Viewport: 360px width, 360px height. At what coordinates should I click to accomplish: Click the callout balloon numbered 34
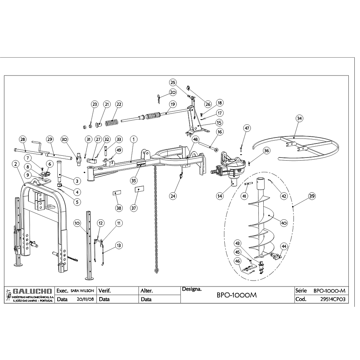(299, 118)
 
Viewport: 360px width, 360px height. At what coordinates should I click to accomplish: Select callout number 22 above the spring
(119, 104)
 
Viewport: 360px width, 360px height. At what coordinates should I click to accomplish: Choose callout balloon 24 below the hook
(173, 196)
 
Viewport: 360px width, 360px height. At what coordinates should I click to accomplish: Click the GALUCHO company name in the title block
(32, 291)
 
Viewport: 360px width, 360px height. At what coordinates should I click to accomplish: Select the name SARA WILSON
(82, 291)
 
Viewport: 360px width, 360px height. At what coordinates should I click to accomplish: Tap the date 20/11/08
(85, 300)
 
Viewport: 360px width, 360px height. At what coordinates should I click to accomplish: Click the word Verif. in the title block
(105, 291)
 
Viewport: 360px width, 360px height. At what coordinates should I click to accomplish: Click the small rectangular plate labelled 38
(117, 193)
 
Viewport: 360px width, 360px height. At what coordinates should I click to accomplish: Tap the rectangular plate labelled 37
(139, 189)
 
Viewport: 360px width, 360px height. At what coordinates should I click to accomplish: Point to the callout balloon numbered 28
(23, 140)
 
